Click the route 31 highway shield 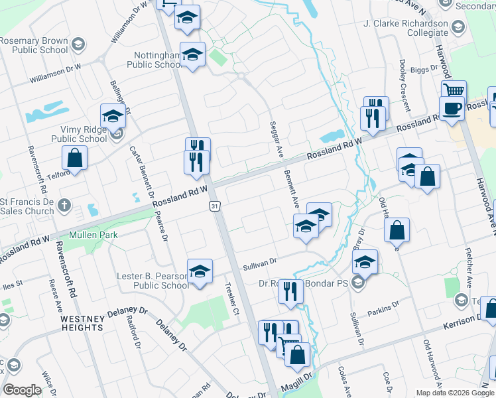pos(214,207)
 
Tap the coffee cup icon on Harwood pos(452,108)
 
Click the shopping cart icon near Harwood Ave pos(454,91)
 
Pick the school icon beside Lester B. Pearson pos(200,271)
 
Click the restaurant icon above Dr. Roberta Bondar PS pos(290,292)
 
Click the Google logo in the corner pos(22,390)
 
